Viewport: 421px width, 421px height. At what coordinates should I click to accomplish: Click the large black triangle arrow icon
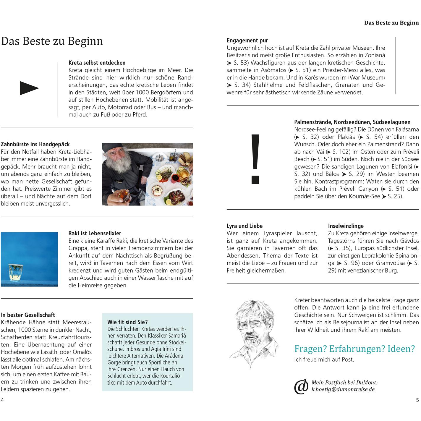(29, 88)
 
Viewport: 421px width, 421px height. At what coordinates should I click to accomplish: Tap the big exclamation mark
(255, 158)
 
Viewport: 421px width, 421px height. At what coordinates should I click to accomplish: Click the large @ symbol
(301, 386)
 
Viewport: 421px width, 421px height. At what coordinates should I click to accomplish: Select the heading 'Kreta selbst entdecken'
(97, 63)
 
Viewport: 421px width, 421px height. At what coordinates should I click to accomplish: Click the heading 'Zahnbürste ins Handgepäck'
(35, 144)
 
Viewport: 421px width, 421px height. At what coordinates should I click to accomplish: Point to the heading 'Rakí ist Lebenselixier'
(95, 233)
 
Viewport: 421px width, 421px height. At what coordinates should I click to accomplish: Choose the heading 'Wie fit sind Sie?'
(127, 322)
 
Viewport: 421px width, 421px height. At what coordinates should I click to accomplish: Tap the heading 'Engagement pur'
(247, 41)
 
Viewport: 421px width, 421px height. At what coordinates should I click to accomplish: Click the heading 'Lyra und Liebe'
(244, 226)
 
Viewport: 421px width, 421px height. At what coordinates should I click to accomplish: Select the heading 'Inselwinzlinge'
(346, 226)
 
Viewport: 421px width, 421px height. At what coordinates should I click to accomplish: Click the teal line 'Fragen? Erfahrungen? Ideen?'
(354, 349)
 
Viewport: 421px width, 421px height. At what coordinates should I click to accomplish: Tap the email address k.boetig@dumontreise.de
(343, 389)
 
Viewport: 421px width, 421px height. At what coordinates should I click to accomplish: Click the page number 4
(2, 400)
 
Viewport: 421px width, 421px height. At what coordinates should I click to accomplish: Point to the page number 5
(417, 400)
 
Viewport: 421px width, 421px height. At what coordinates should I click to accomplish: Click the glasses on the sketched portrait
(254, 324)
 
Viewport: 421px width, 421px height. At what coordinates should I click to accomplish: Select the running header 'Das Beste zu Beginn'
(391, 23)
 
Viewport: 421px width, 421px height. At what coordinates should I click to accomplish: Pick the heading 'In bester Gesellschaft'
(28, 315)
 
